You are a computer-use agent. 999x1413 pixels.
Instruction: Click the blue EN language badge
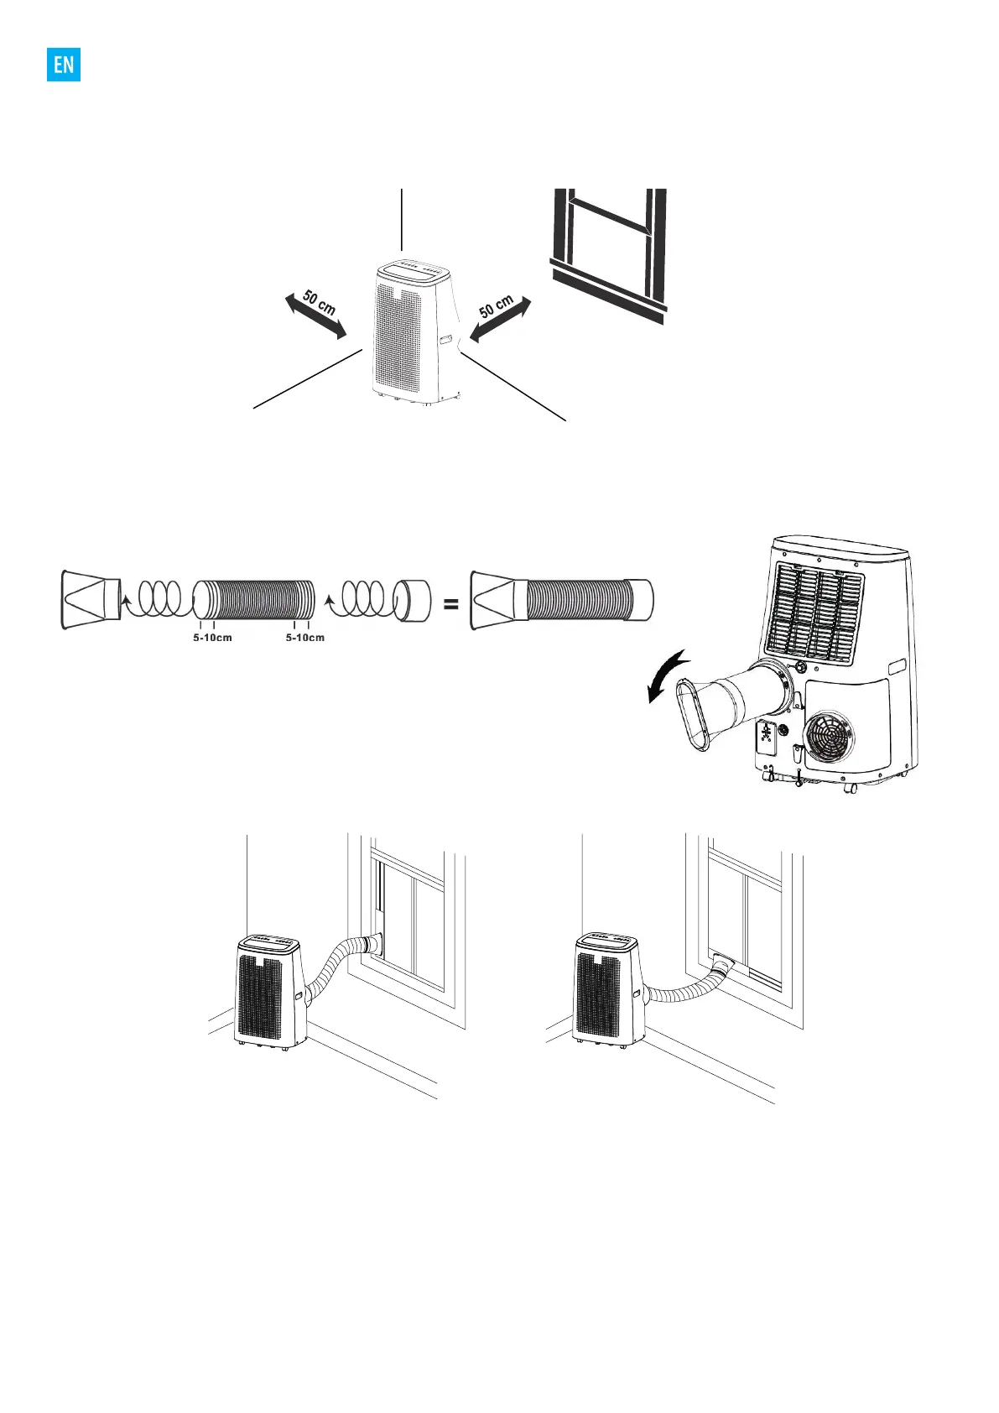point(64,64)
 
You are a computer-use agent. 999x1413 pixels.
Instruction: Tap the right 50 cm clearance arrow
point(501,319)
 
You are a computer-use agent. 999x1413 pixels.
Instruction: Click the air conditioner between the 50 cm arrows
point(414,333)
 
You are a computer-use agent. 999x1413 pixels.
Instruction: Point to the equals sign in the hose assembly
point(450,602)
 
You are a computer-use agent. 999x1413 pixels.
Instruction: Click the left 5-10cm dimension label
point(212,638)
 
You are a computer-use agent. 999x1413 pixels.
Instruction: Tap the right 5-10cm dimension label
point(304,638)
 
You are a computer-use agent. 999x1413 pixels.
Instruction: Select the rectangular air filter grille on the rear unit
point(816,611)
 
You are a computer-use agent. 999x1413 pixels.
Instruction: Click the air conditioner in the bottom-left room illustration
point(268,991)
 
